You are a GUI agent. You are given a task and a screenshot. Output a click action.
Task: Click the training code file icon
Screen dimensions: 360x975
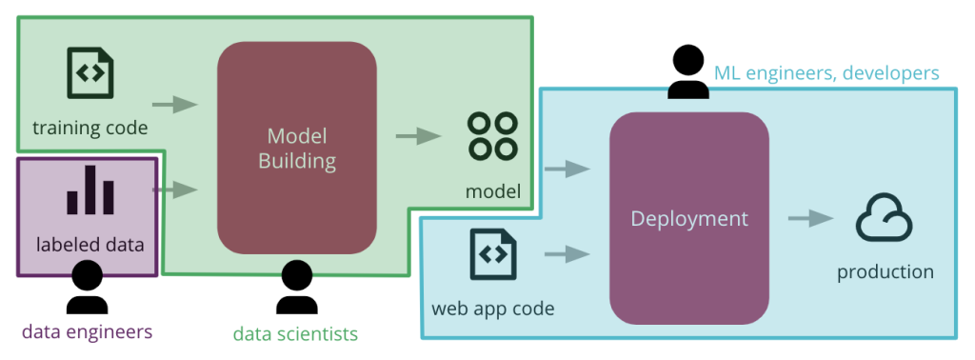(90, 74)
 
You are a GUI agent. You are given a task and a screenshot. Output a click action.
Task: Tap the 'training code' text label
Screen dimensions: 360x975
(90, 127)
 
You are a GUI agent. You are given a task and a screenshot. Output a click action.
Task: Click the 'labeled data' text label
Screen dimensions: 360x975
(90, 245)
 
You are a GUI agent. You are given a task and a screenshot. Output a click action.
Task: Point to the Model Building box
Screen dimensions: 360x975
(297, 148)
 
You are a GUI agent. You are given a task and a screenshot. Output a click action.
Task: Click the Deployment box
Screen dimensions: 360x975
(689, 218)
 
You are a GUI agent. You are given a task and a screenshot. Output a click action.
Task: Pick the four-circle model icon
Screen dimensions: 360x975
(492, 136)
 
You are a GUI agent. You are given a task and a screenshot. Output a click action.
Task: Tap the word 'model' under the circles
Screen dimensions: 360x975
(492, 192)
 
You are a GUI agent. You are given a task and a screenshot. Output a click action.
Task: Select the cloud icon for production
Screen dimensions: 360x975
(885, 219)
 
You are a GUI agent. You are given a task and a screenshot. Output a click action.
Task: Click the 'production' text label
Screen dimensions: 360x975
(885, 272)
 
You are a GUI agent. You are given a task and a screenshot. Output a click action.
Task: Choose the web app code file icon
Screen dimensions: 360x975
(492, 254)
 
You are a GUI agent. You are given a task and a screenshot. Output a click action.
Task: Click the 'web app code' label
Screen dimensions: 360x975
(492, 309)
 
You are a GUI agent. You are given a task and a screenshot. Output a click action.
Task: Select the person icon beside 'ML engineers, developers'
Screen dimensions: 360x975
(687, 73)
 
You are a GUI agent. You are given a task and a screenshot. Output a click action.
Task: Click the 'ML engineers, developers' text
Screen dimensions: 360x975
(826, 73)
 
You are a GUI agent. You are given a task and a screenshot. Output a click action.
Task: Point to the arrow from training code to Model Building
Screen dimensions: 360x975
(174, 104)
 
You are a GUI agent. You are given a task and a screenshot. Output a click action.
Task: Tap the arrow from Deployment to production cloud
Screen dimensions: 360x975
(810, 219)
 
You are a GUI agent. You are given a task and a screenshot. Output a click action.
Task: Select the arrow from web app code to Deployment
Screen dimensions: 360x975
(567, 254)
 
